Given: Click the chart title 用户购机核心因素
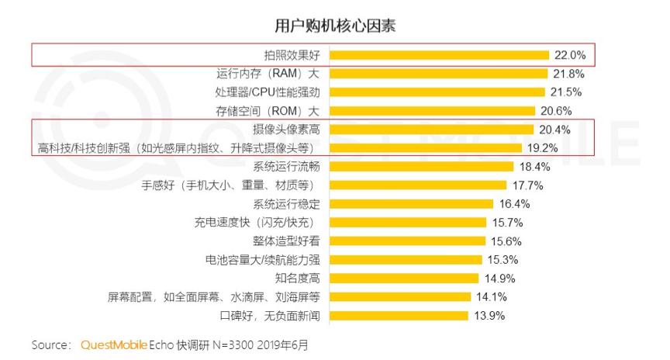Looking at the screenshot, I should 335,26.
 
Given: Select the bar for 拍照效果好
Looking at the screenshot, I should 440,55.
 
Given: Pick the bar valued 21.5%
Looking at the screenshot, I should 437,92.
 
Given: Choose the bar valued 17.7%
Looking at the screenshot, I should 418,185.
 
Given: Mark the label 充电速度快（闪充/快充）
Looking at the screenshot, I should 258,223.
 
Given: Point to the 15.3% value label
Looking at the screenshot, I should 502,260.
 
